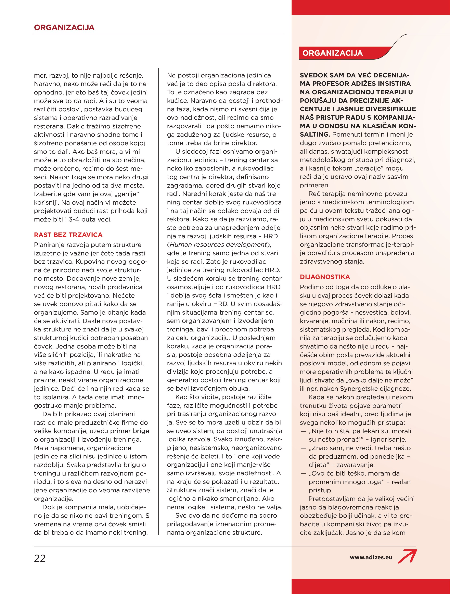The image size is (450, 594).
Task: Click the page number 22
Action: click(x=40, y=558)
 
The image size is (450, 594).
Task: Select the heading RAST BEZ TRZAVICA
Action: click(x=68, y=235)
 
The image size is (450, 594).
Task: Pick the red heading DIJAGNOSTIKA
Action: click(x=325, y=277)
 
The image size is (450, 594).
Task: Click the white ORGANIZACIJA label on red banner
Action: click(x=332, y=53)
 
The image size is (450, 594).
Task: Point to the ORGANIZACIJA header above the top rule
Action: click(x=64, y=27)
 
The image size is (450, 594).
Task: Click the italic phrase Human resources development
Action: click(x=218, y=245)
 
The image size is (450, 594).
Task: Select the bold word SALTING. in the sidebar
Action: click(x=315, y=135)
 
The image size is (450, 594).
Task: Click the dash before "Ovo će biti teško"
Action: click(x=303, y=474)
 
